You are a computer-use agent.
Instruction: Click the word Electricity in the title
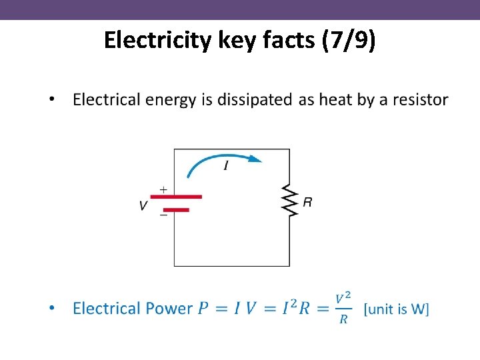pyautogui.click(x=159, y=41)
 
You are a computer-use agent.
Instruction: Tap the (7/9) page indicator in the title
pyautogui.click(x=348, y=41)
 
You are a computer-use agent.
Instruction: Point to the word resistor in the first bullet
pyautogui.click(x=420, y=100)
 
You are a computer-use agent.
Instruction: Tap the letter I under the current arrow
pyautogui.click(x=226, y=166)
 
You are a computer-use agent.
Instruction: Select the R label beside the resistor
pyautogui.click(x=307, y=201)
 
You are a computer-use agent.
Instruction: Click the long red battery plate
pyautogui.click(x=175, y=197)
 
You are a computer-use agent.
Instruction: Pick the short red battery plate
pyautogui.click(x=176, y=210)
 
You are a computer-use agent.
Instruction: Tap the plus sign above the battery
pyautogui.click(x=163, y=189)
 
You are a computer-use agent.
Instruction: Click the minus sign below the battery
pyautogui.click(x=163, y=215)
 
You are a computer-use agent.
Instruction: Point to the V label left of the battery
pyautogui.click(x=143, y=205)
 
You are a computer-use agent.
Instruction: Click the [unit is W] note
pyautogui.click(x=397, y=309)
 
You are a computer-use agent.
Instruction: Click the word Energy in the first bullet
pyautogui.click(x=180, y=100)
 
